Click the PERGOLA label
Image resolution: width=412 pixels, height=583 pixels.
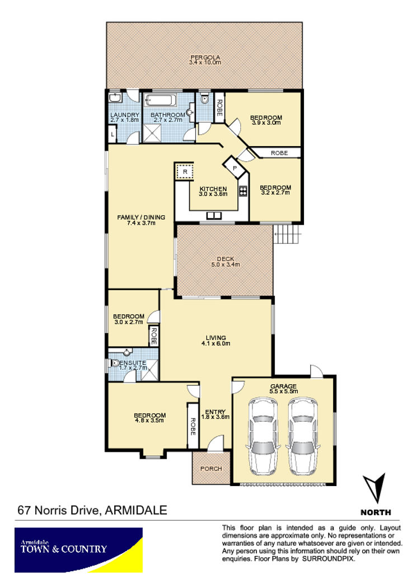(205, 57)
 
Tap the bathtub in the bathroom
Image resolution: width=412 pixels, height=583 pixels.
(160, 100)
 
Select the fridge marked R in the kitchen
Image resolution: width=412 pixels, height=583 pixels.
(185, 172)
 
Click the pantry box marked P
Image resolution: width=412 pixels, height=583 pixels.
(235, 168)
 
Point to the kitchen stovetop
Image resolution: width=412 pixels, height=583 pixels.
(243, 191)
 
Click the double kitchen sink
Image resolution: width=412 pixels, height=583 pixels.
(214, 215)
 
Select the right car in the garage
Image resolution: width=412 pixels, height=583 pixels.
(303, 436)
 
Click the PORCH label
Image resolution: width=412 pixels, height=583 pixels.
(211, 469)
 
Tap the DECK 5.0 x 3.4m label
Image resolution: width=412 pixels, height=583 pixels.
(226, 262)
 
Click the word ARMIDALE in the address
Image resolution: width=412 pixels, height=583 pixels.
(136, 510)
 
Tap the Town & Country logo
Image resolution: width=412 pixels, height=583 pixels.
(78, 550)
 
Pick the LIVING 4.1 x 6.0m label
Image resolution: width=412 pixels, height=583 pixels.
(216, 341)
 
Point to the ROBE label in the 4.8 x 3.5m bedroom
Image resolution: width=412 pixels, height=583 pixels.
(193, 426)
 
